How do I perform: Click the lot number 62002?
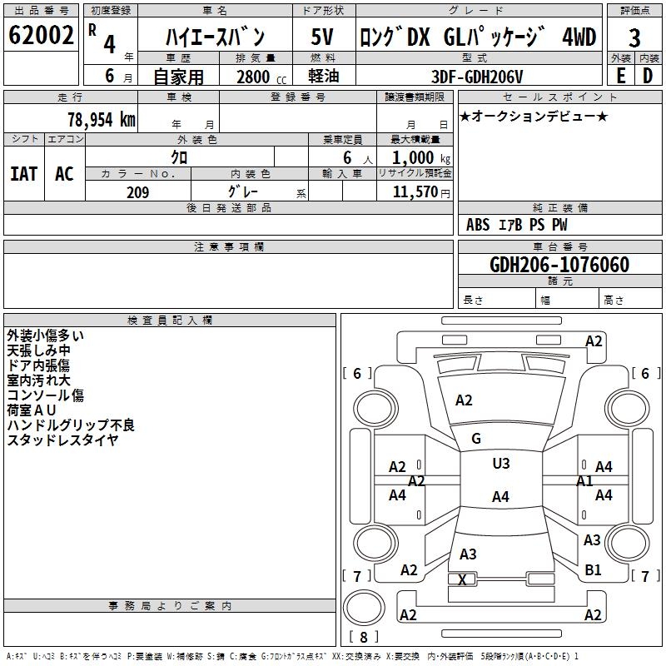coord(41,35)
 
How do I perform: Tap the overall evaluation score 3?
coord(634,37)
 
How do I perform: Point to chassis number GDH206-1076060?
coord(559,265)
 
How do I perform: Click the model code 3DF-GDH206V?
coord(478,76)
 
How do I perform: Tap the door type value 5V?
coord(322,37)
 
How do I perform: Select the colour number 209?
coord(137,192)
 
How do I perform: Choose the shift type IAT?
coord(23,173)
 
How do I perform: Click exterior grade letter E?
coord(620,76)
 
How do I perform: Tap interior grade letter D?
coord(648,76)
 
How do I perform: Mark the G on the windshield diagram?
coord(476,439)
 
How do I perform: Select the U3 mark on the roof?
coord(500,464)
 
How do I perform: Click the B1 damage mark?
coord(593,570)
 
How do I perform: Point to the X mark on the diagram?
coord(463,579)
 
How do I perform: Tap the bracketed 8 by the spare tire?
coord(363,638)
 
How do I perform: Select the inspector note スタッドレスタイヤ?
coord(62,440)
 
